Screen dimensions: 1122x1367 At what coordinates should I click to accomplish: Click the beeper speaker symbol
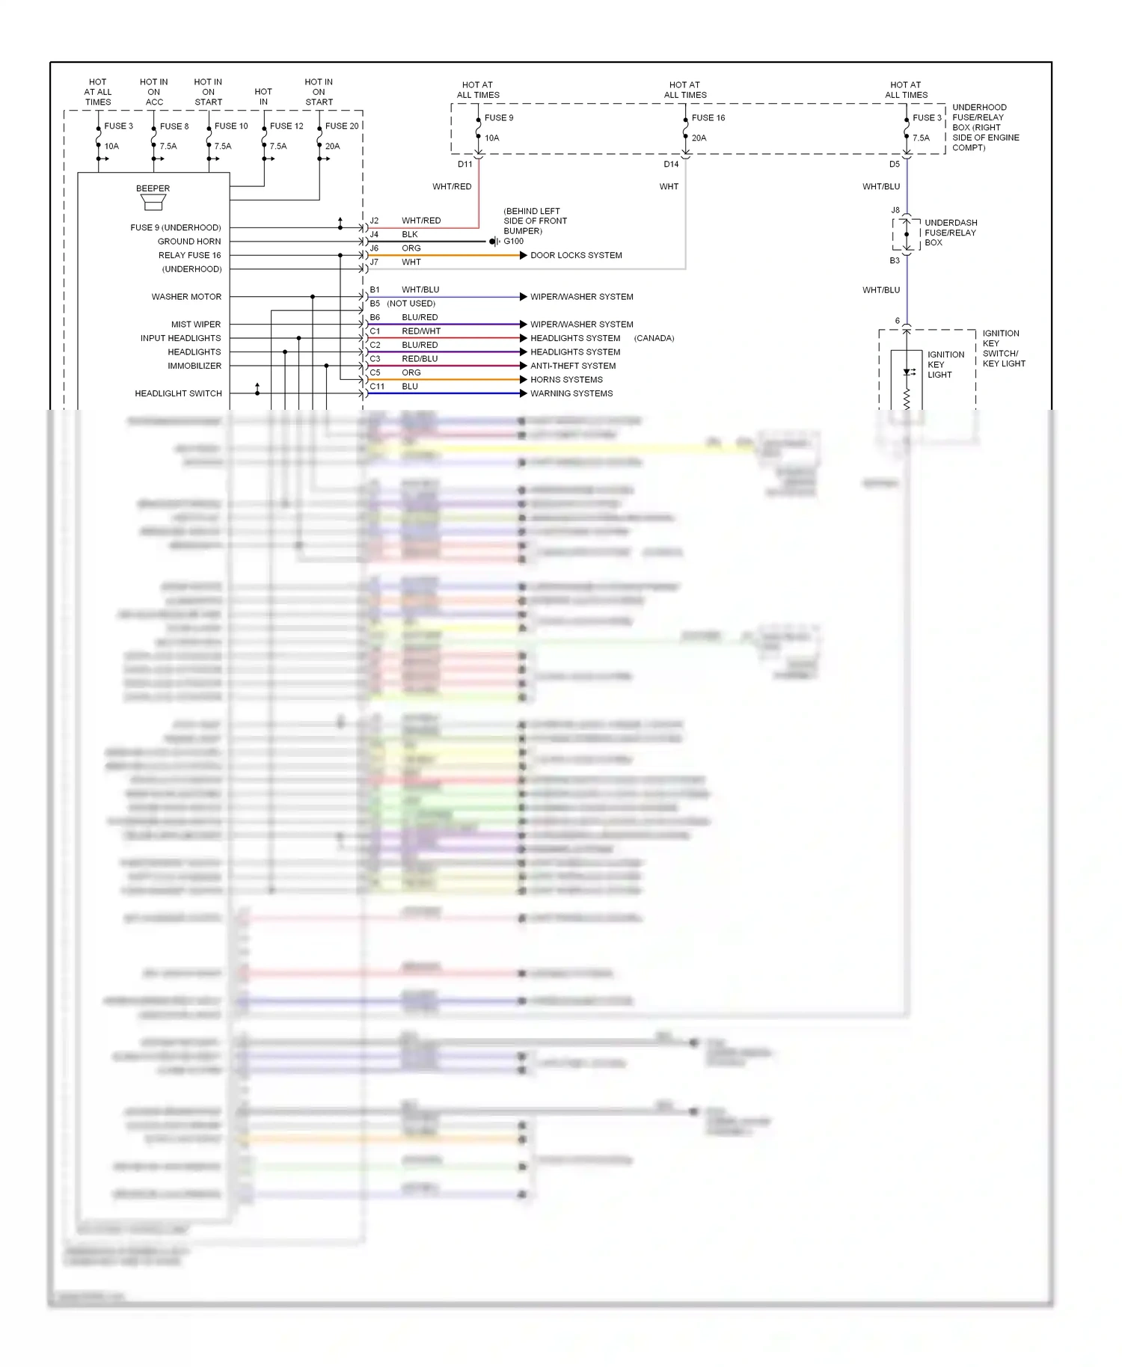click(153, 203)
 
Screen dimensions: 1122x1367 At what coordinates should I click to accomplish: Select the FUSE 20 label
click(342, 126)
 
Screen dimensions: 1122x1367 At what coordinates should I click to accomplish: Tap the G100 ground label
click(514, 242)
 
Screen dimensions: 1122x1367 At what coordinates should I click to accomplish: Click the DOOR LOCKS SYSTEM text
click(576, 255)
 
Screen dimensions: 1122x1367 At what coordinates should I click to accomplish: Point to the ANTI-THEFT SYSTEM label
click(573, 366)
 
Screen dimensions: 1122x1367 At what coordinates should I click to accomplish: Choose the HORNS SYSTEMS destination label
click(566, 380)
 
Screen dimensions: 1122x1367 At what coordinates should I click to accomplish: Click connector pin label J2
click(374, 221)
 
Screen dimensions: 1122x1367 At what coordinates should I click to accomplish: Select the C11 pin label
click(377, 387)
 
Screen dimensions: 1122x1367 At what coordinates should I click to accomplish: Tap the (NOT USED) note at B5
click(411, 304)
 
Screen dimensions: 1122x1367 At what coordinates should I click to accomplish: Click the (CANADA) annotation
click(654, 338)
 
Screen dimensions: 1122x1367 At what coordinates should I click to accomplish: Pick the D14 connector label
click(671, 165)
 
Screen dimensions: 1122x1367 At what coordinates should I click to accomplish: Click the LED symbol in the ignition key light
click(908, 372)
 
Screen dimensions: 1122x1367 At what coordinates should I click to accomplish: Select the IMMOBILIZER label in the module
click(194, 366)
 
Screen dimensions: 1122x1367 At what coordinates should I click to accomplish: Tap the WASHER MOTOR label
click(186, 297)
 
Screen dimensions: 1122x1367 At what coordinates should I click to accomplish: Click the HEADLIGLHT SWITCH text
click(178, 393)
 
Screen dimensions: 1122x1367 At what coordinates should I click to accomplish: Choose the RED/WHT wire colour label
click(421, 331)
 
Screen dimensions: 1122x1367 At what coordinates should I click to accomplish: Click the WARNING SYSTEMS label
click(571, 393)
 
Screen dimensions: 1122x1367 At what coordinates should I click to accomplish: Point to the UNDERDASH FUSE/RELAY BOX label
click(950, 233)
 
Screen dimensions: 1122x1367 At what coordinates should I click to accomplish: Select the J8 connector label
click(895, 210)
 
